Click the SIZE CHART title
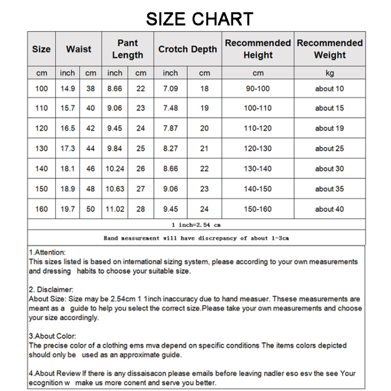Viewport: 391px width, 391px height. pyautogui.click(x=199, y=19)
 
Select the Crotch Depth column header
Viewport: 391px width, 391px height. pyautogui.click(x=188, y=50)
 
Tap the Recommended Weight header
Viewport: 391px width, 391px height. pyautogui.click(x=329, y=49)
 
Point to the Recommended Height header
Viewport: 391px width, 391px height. pyautogui.click(x=258, y=49)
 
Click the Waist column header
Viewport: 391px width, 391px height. pyautogui.click(x=78, y=50)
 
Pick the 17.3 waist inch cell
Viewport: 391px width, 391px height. pyautogui.click(x=67, y=149)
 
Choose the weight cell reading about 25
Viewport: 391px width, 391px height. pyautogui.click(x=329, y=149)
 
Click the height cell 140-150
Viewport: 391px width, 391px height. pyautogui.click(x=258, y=189)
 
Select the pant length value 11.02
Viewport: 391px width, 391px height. pyautogui.click(x=115, y=209)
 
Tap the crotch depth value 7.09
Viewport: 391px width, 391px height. pyautogui.click(x=170, y=89)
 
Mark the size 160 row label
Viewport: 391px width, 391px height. pyautogui.click(x=41, y=209)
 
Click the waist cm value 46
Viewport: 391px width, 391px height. pyautogui.click(x=91, y=169)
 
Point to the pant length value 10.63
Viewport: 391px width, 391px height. pyautogui.click(x=115, y=189)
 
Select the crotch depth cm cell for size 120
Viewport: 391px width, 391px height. pyautogui.click(x=204, y=128)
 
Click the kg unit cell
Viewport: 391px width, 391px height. pyautogui.click(x=329, y=74)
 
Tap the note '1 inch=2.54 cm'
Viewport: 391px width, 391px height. pyautogui.click(x=196, y=224)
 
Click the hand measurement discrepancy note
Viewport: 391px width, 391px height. pyautogui.click(x=196, y=238)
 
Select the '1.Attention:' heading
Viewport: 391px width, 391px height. pyautogui.click(x=47, y=252)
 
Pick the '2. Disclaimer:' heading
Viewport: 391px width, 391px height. pyautogui.click(x=51, y=289)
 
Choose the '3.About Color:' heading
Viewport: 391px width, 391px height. pyautogui.click(x=53, y=336)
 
